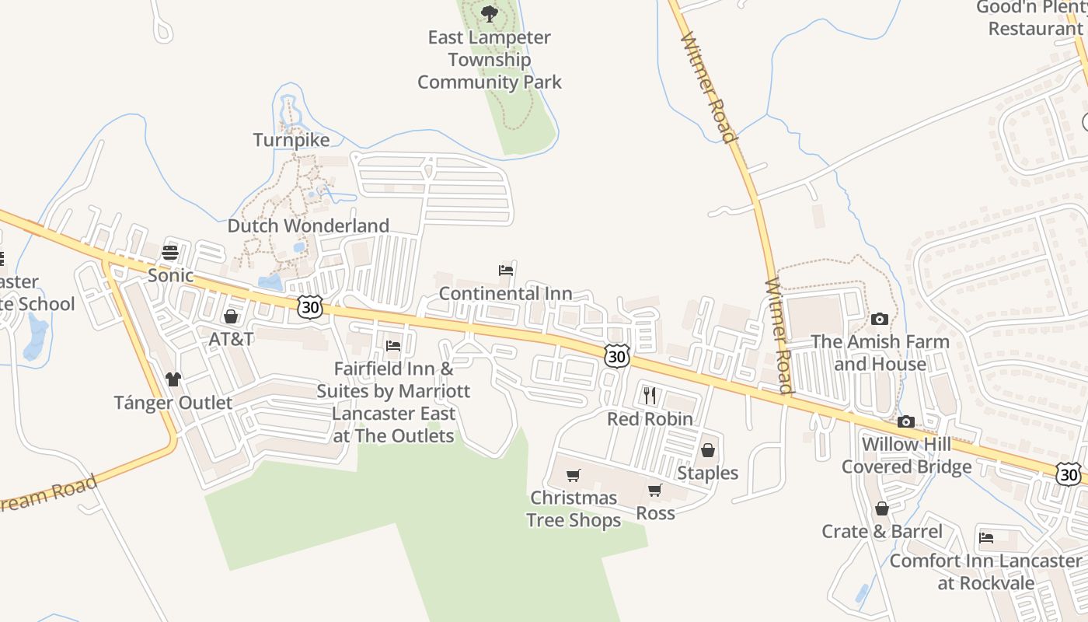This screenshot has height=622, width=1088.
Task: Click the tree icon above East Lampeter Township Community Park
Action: [489, 13]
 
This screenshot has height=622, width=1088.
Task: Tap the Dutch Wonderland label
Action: [308, 226]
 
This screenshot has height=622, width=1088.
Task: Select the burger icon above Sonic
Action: [170, 253]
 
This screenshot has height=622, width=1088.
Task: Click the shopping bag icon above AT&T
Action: [231, 316]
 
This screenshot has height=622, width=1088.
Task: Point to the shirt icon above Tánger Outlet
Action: [173, 379]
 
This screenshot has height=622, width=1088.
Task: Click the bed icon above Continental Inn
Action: [506, 271]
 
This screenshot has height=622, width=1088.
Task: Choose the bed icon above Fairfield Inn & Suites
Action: [393, 345]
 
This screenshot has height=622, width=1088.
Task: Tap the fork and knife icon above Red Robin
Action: [650, 396]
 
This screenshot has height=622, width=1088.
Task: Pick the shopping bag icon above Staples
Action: [707, 450]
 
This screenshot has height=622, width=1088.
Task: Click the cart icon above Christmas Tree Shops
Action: [574, 475]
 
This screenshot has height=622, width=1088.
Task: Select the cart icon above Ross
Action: [655, 490]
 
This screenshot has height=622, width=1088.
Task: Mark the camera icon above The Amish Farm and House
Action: [880, 318]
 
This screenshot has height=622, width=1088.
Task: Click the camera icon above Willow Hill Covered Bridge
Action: [906, 421]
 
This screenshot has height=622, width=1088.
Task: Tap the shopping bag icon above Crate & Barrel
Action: [882, 508]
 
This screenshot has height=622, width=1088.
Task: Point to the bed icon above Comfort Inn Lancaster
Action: [986, 537]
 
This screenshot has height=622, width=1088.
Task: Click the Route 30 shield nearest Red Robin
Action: [616, 356]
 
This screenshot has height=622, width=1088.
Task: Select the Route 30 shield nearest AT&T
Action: [309, 306]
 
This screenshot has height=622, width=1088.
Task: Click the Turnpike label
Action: [291, 140]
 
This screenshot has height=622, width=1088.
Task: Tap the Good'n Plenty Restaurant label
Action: [1033, 18]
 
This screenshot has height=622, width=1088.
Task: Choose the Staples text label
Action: [707, 473]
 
